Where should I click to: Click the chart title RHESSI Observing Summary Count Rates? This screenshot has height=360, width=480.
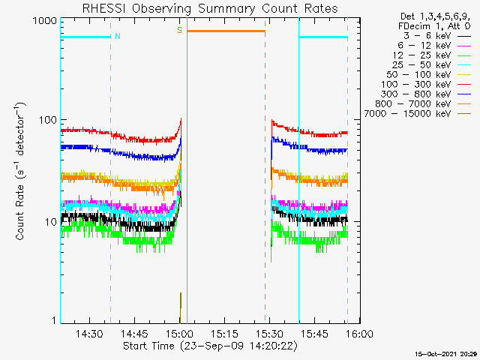tap(209, 8)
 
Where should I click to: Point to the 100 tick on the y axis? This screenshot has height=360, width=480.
tap(46, 120)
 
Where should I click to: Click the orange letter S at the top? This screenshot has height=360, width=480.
tap(179, 30)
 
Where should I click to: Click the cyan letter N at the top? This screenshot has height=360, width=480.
tap(118, 36)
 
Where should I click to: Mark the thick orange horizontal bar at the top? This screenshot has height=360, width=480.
tap(226, 31)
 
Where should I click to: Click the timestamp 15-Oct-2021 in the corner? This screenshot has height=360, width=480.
tap(436, 353)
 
